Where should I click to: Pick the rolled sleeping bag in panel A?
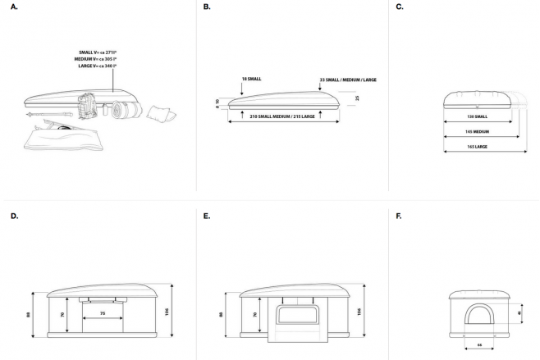pyautogui.click(x=127, y=108)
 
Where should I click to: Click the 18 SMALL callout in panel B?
pyautogui.click(x=251, y=79)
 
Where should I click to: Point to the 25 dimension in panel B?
pyautogui.click(x=356, y=98)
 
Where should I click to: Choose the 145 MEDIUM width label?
pyautogui.click(x=478, y=131)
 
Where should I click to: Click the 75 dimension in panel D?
pyautogui.click(x=103, y=312)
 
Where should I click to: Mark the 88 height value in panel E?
pyautogui.click(x=221, y=312)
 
